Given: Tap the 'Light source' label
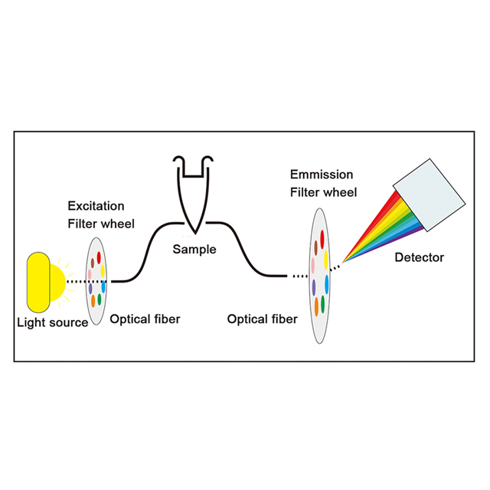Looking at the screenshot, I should coord(52,322).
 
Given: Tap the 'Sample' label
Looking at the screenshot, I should coord(194,250).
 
